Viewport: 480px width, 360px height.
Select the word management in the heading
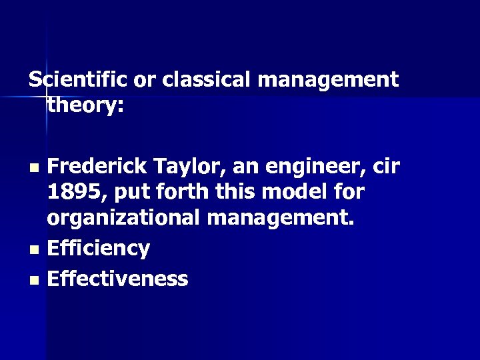[x=327, y=80]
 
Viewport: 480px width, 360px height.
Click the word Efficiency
[x=99, y=249]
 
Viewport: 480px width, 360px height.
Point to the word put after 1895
[x=129, y=193]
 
